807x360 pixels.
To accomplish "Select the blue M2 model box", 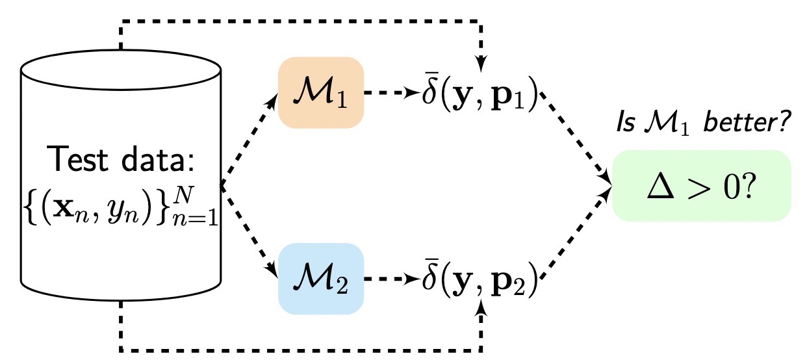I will coord(321,279).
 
